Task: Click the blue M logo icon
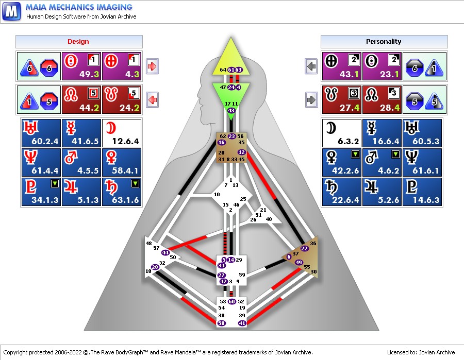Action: pyautogui.click(x=11, y=11)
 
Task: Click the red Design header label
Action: pyautogui.click(x=78, y=41)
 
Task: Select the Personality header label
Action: pyautogui.click(x=384, y=41)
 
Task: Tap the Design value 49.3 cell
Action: pyautogui.click(x=81, y=66)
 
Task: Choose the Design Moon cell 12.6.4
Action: pyautogui.click(x=122, y=133)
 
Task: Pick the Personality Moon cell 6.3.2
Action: pyautogui.click(x=342, y=133)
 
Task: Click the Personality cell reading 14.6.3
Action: pyautogui.click(x=422, y=192)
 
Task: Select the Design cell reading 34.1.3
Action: pyautogui.click(x=41, y=192)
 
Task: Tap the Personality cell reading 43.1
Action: pyautogui.click(x=342, y=66)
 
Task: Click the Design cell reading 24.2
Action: pyautogui.click(x=122, y=99)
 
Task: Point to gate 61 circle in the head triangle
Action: pyautogui.click(x=231, y=70)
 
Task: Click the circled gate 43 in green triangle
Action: pyautogui.click(x=231, y=110)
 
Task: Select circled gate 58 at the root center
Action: pyautogui.click(x=221, y=323)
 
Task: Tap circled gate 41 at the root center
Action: pyautogui.click(x=242, y=323)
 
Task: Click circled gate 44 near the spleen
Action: pyautogui.click(x=165, y=252)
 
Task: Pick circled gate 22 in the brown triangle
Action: pyautogui.click(x=305, y=248)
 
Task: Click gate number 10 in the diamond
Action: pyautogui.click(x=217, y=195)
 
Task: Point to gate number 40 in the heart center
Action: pyautogui.click(x=269, y=219)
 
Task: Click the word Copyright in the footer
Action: pyautogui.click(x=15, y=352)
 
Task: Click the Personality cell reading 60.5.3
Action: pyautogui.click(x=422, y=133)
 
